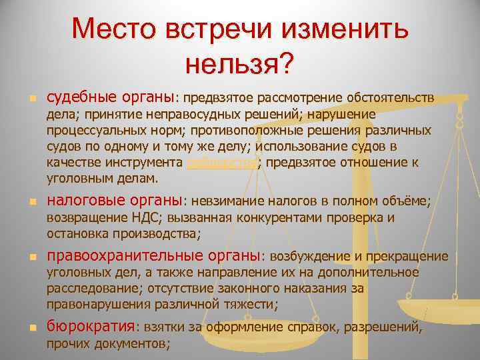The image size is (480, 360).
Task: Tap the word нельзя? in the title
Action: click(239, 64)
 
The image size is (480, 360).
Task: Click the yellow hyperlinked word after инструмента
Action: click(221, 162)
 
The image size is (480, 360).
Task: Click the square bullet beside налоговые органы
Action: click(24, 201)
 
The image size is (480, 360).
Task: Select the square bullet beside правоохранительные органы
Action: click(24, 257)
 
